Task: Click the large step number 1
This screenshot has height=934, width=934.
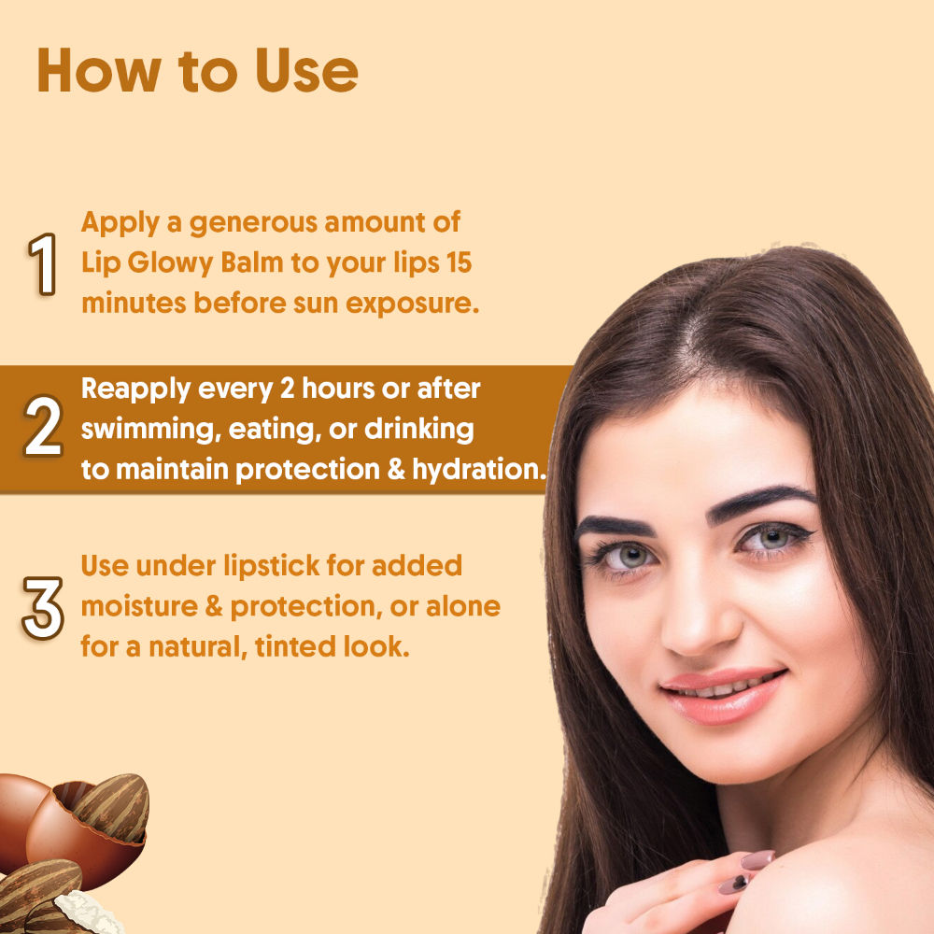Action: click(x=43, y=264)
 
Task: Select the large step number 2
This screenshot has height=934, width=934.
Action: click(x=43, y=427)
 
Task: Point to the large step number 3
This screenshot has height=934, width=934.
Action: click(x=43, y=608)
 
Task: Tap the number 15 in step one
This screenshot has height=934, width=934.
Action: click(x=459, y=262)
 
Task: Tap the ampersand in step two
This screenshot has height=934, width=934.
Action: click(x=395, y=470)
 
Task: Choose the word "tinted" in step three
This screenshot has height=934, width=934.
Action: click(x=295, y=646)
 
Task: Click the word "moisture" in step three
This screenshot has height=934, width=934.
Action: click(x=139, y=606)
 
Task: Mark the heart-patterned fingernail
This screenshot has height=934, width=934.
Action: click(x=734, y=884)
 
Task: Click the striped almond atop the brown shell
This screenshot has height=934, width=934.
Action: click(x=113, y=807)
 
